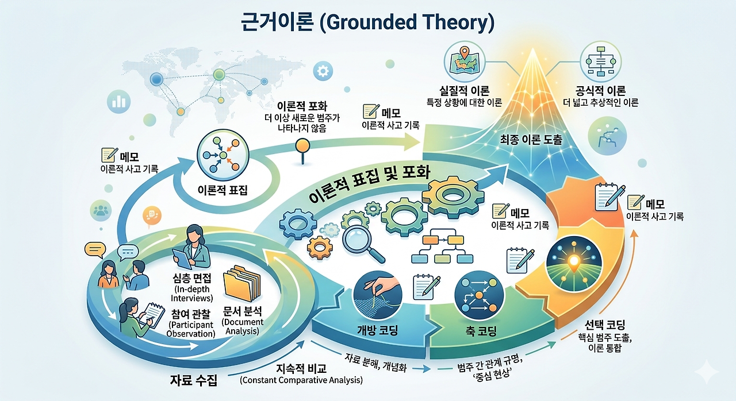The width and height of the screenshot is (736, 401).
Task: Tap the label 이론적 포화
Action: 302,106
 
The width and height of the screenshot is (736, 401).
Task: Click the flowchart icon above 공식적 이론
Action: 601,61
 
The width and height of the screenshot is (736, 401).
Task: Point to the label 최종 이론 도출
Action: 531,140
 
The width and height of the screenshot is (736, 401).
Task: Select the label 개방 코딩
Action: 377,330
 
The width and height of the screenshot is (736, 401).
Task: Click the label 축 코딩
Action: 481,331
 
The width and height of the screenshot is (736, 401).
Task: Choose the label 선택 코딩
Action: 605,325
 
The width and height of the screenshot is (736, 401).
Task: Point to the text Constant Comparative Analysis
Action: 301,380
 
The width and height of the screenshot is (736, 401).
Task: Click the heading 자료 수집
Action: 194,380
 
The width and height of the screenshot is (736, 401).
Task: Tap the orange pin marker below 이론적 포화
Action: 302,151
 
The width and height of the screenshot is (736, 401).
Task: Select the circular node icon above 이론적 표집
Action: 223,155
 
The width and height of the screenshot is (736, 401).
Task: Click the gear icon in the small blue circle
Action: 323,71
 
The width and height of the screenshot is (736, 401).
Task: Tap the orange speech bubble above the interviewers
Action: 152,217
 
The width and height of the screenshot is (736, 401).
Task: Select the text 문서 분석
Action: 243,311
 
